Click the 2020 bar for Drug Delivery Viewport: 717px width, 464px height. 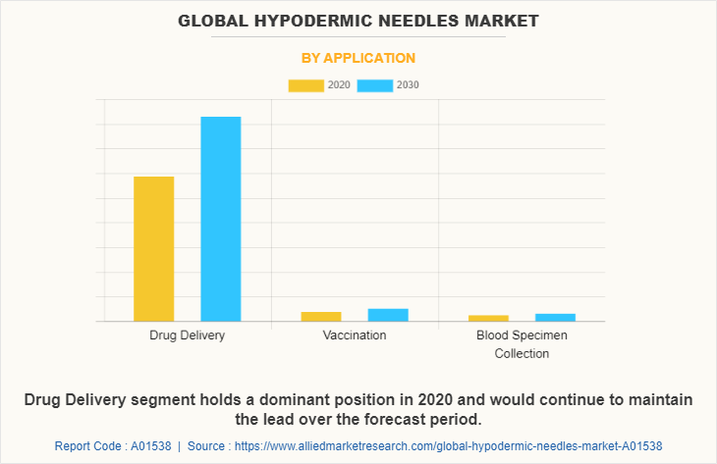(154, 248)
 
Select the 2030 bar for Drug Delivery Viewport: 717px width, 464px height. (221, 219)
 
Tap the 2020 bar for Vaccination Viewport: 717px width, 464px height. (321, 316)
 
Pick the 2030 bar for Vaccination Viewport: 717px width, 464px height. (388, 315)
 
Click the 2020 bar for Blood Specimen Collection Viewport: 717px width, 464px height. (488, 318)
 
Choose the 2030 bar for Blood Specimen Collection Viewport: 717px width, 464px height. (555, 317)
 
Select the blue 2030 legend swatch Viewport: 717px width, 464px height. (375, 85)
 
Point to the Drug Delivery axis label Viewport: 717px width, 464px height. (188, 335)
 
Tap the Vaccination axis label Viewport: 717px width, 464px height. (355, 335)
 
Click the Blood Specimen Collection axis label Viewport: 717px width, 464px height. (522, 344)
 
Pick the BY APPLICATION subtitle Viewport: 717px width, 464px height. (358, 58)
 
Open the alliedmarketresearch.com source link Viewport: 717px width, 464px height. (458, 445)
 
